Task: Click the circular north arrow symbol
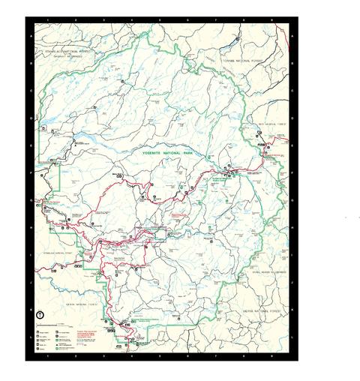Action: point(40,316)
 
